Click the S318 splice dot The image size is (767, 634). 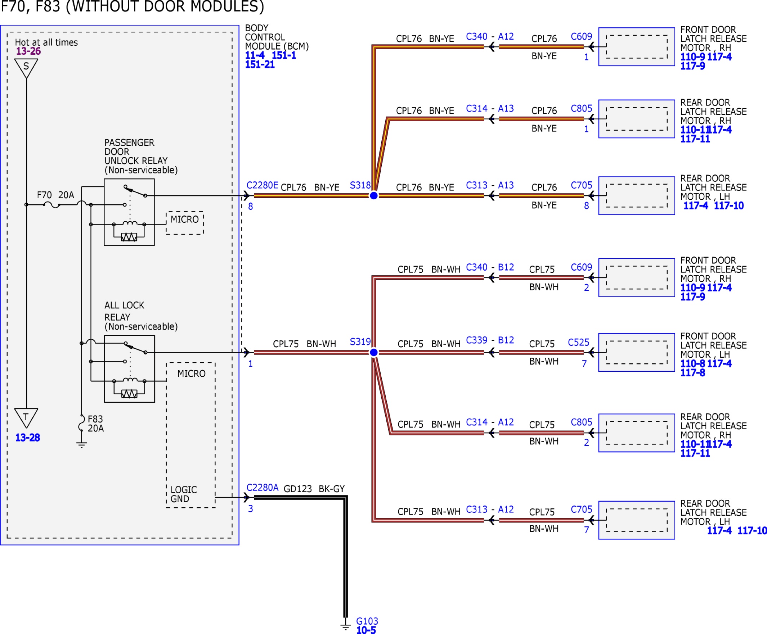click(374, 196)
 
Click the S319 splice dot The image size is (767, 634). click(374, 352)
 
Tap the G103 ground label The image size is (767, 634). click(367, 621)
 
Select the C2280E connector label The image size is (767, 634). click(262, 185)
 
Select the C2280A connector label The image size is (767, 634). click(262, 488)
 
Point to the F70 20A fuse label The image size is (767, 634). click(55, 195)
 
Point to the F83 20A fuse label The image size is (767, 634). click(96, 424)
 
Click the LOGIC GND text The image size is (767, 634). click(183, 494)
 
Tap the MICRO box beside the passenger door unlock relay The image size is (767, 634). click(185, 223)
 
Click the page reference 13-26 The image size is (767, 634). click(28, 51)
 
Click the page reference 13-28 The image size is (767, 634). click(27, 438)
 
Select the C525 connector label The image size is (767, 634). click(579, 343)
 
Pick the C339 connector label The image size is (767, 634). click(477, 340)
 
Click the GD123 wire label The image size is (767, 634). click(298, 489)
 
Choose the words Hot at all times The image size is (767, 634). click(46, 42)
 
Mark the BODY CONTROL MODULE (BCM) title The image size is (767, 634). click(277, 37)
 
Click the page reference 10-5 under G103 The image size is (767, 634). click(366, 630)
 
